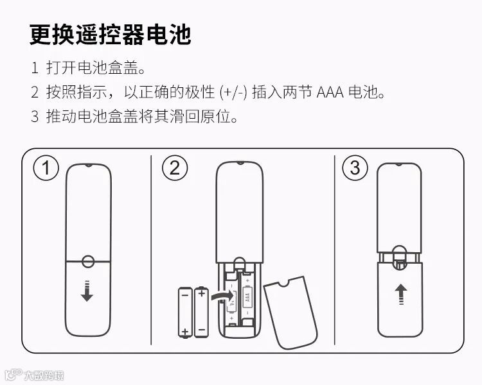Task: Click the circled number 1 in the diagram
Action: [46, 167]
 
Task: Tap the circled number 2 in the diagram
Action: [175, 167]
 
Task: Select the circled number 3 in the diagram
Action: [355, 167]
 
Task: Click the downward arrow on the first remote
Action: [87, 291]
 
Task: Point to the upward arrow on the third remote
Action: [401, 294]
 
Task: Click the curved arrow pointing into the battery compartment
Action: [222, 296]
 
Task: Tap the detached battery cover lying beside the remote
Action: [290, 312]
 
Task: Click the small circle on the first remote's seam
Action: [88, 261]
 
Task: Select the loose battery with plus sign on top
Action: [201, 312]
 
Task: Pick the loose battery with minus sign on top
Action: [185, 312]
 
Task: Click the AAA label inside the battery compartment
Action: [247, 297]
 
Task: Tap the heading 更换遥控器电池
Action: [111, 35]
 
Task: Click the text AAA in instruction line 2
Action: [330, 92]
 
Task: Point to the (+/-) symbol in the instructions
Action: [233, 92]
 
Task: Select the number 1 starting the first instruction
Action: [35, 67]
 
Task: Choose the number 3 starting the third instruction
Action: [35, 117]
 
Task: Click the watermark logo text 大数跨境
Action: [44, 375]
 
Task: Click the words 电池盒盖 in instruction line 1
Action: [107, 67]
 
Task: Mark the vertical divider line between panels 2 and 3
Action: [334, 250]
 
